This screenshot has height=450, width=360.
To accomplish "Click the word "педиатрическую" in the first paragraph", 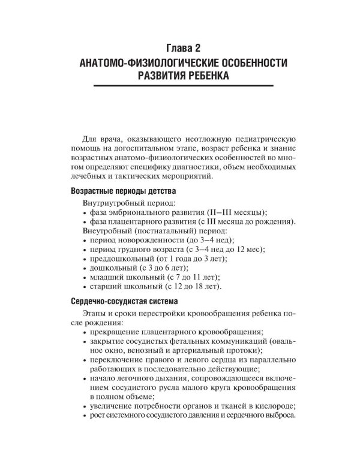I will coord(260,137).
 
